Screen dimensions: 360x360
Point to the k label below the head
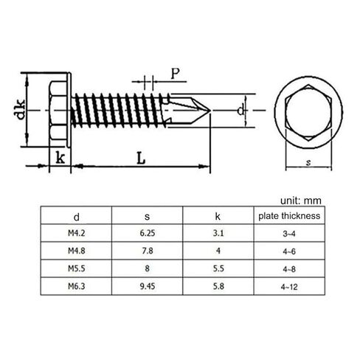coord(58,157)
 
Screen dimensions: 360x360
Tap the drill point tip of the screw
coord(212,111)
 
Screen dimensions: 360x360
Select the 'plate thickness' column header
coord(288,216)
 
